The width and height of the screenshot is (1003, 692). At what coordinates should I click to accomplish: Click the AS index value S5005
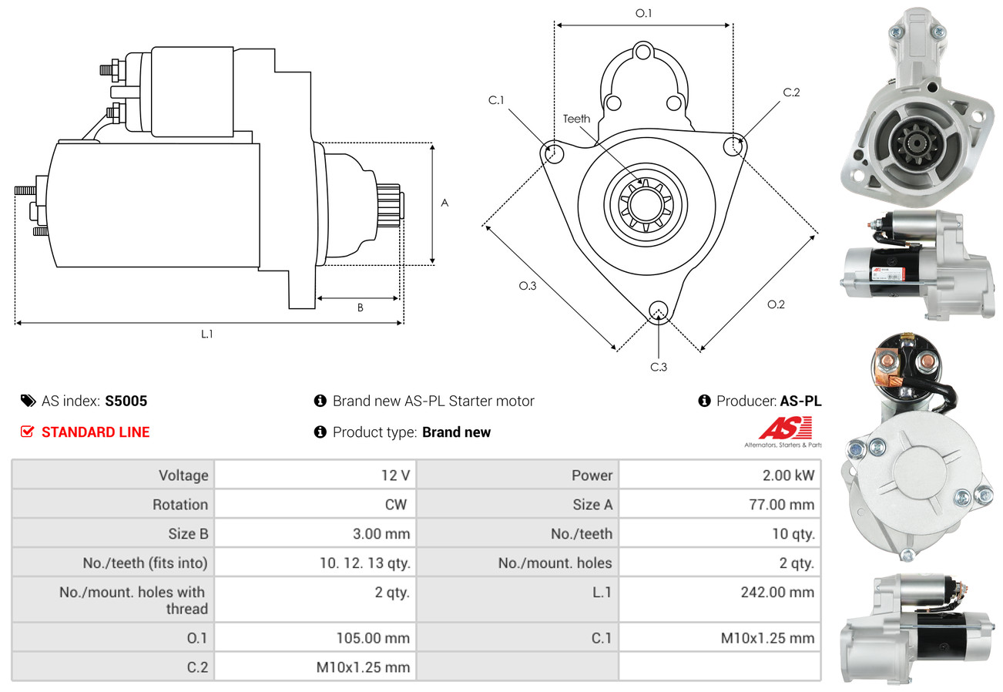click(x=126, y=401)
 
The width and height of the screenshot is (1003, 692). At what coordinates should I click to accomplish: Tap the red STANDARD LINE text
click(x=96, y=432)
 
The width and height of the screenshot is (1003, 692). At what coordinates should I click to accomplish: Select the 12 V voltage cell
click(x=394, y=475)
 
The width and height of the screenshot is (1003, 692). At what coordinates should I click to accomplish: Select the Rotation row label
click(x=179, y=505)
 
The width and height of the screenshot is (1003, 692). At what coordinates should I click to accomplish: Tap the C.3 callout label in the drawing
click(x=658, y=367)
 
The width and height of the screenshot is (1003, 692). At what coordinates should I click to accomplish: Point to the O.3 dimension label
click(x=527, y=286)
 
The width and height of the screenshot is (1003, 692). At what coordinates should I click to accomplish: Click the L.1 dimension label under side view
click(x=206, y=334)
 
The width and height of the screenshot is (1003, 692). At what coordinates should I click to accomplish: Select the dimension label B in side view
click(x=359, y=307)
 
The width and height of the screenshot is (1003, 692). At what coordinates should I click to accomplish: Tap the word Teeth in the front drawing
click(x=576, y=119)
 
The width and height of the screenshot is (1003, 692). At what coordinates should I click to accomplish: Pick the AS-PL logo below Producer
click(x=783, y=432)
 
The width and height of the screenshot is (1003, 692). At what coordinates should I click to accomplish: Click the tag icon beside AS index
click(x=28, y=401)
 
